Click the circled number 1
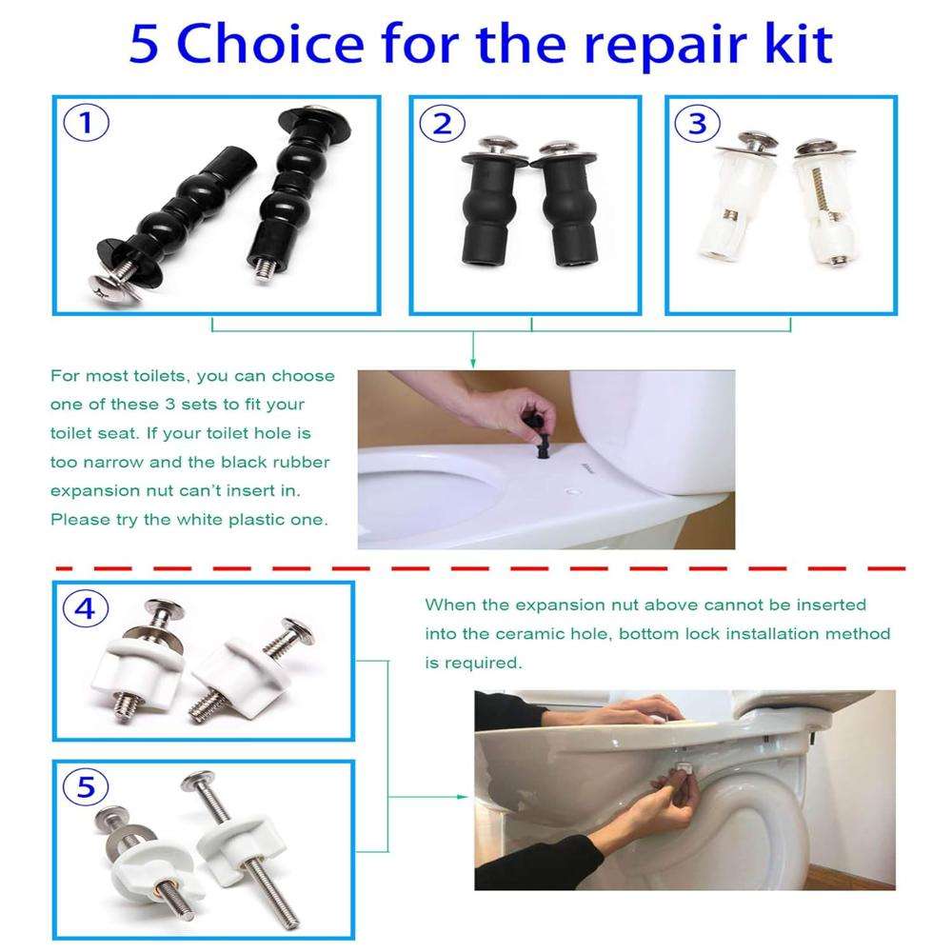(87, 123)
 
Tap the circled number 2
(442, 124)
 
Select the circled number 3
(698, 124)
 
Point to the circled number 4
(86, 608)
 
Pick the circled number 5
(86, 787)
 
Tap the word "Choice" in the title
(270, 44)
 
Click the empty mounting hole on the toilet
(572, 489)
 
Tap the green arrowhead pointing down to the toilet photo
(473, 363)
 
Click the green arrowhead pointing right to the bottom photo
(463, 797)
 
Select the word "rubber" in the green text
(302, 462)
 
